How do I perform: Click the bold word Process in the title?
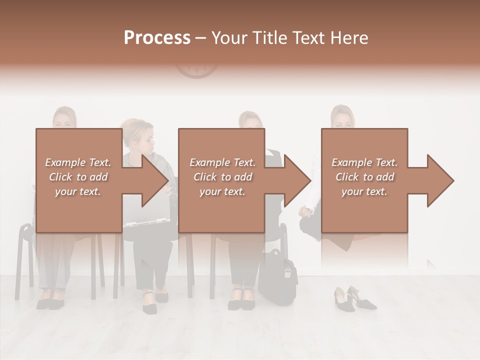pos(157,38)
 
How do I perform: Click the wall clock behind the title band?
pos(196,70)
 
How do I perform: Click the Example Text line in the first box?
pos(78,162)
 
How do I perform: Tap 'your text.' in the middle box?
pos(222,191)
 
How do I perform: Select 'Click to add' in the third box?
pos(364,177)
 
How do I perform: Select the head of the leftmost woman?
pos(65,118)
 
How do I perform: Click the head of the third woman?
pos(250,120)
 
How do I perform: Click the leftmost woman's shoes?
pos(50,302)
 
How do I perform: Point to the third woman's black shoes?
pos(242,302)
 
